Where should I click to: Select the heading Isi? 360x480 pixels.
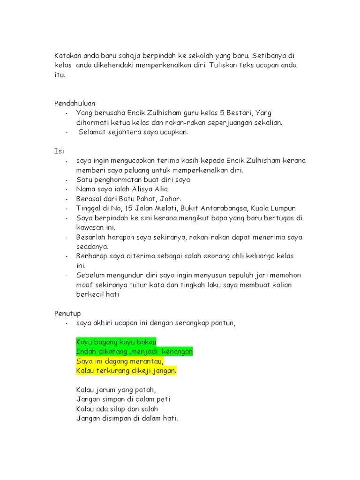59,151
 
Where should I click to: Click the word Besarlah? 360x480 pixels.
90,237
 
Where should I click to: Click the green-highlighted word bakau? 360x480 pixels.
145,342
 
